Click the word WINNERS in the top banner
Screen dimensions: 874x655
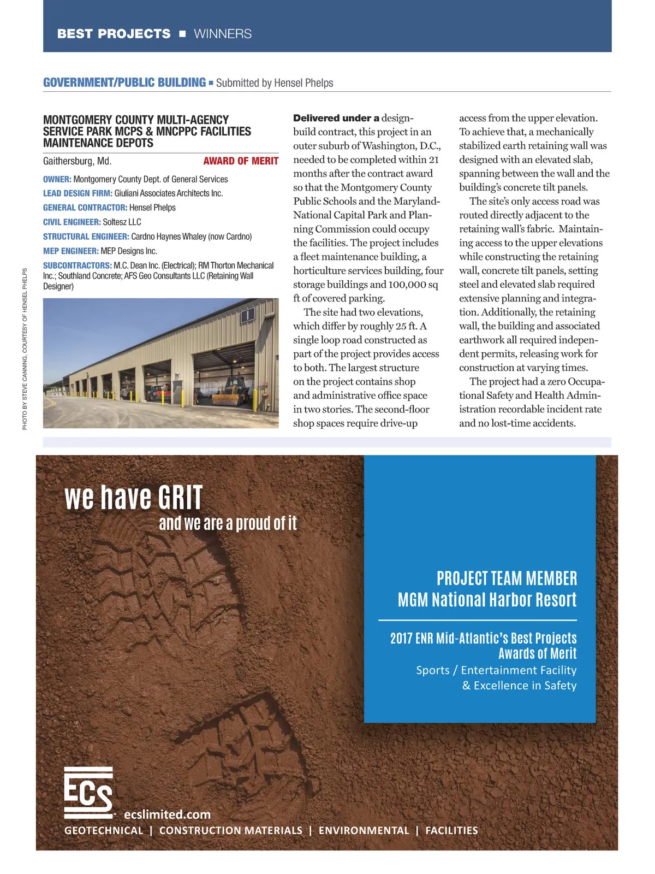point(223,34)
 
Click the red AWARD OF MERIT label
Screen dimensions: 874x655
point(241,161)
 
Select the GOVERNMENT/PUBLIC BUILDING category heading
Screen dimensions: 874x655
point(124,82)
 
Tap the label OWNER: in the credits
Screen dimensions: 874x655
point(57,179)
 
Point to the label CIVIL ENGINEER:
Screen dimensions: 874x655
point(72,222)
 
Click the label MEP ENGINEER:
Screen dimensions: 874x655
point(70,251)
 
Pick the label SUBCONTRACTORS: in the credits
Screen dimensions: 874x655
point(77,265)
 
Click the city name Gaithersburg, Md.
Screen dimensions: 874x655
point(77,161)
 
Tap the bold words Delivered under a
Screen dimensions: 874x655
point(336,118)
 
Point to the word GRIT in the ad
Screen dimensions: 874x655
point(180,498)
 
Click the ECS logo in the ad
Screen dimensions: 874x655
point(88,793)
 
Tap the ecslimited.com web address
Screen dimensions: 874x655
point(167,814)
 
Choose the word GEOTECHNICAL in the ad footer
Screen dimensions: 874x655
point(104,831)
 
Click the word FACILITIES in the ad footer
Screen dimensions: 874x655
point(451,831)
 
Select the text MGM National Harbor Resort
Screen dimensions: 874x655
point(487,600)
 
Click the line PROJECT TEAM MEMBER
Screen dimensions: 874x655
point(507,578)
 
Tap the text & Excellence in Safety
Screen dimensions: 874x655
point(519,686)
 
